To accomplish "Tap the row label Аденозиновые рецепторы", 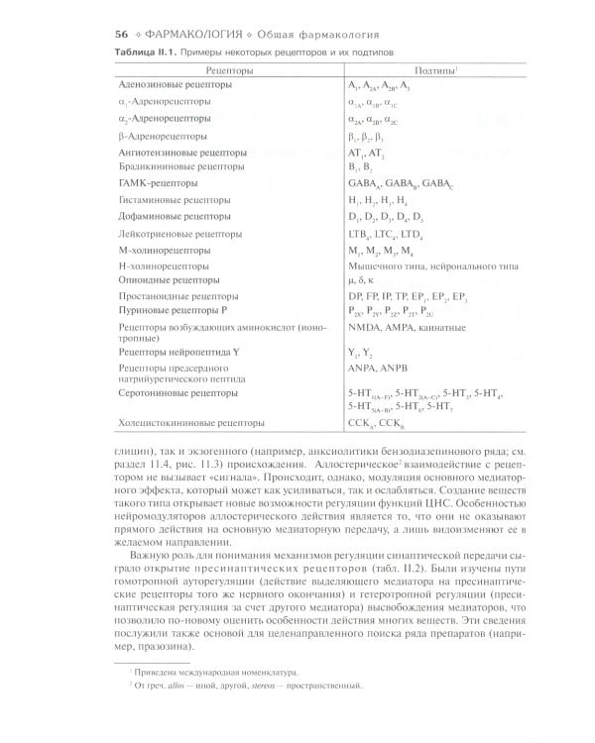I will tap(176, 86).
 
